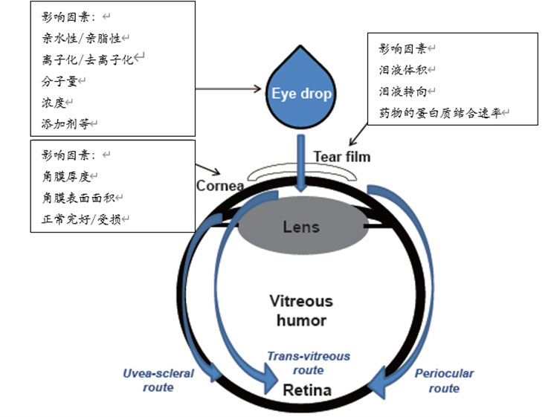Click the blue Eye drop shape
point(300,93)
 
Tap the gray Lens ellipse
point(301,226)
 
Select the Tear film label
point(341,157)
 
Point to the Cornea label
point(220,185)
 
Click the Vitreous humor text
point(301,311)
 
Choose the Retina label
point(307,389)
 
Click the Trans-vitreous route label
point(308,363)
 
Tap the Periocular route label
point(444,381)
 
